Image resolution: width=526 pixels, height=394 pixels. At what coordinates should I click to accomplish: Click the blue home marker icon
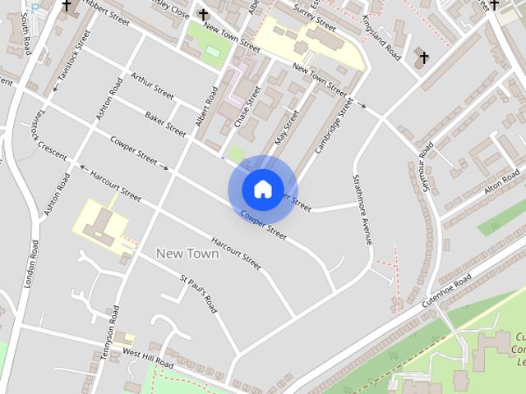(262, 189)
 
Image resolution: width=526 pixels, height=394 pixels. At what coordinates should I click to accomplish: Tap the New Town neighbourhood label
(187, 254)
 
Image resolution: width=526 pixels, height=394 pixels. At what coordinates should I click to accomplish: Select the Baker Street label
(165, 122)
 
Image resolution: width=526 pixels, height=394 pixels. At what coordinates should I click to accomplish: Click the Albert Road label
(205, 107)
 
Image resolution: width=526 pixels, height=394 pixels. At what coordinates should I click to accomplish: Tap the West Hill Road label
(148, 356)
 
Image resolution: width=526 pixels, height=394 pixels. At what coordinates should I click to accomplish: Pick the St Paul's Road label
(199, 294)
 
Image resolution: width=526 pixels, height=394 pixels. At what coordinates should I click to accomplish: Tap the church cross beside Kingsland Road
(423, 57)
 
